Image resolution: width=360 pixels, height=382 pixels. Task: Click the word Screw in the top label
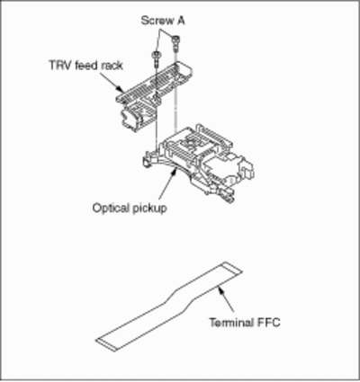[157, 21]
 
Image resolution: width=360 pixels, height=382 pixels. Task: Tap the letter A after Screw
[181, 21]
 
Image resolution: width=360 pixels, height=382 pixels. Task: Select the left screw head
[157, 55]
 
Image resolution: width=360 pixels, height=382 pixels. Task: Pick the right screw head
[175, 39]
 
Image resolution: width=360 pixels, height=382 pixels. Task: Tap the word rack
[112, 66]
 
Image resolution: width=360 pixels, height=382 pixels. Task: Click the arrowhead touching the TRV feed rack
[120, 89]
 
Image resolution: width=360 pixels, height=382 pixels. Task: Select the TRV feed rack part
[154, 95]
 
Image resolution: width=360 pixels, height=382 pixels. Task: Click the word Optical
[110, 208]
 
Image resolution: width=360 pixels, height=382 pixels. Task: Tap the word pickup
[148, 209]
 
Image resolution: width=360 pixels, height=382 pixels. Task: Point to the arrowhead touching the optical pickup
[173, 172]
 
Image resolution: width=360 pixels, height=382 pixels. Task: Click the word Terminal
[231, 323]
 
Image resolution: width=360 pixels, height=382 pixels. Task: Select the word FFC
[268, 323]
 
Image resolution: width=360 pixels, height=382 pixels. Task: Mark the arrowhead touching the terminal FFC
[221, 290]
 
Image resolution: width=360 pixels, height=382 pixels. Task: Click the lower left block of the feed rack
[131, 118]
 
